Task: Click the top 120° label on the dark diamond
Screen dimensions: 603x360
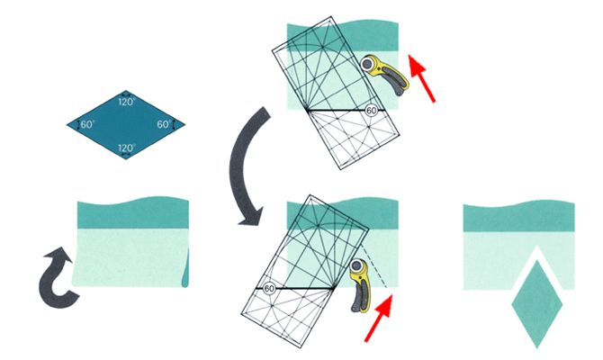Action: pyautogui.click(x=127, y=102)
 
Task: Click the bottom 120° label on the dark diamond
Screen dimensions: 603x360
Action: pyautogui.click(x=127, y=148)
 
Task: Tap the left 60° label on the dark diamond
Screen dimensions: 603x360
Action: pyautogui.click(x=87, y=124)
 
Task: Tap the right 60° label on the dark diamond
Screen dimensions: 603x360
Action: pyautogui.click(x=164, y=124)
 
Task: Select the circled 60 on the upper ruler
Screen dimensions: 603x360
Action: pyautogui.click(x=371, y=111)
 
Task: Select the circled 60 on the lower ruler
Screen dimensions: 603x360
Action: pyautogui.click(x=269, y=289)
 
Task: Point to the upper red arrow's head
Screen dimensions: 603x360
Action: pyautogui.click(x=416, y=64)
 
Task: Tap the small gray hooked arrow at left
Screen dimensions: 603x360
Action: pyautogui.click(x=58, y=277)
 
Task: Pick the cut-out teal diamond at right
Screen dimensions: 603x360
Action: pyautogui.click(x=537, y=304)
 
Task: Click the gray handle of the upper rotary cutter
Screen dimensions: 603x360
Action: pyautogui.click(x=394, y=79)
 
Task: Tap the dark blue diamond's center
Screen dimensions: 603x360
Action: pyautogui.click(x=126, y=124)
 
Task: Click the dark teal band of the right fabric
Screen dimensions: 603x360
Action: pyautogui.click(x=518, y=217)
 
